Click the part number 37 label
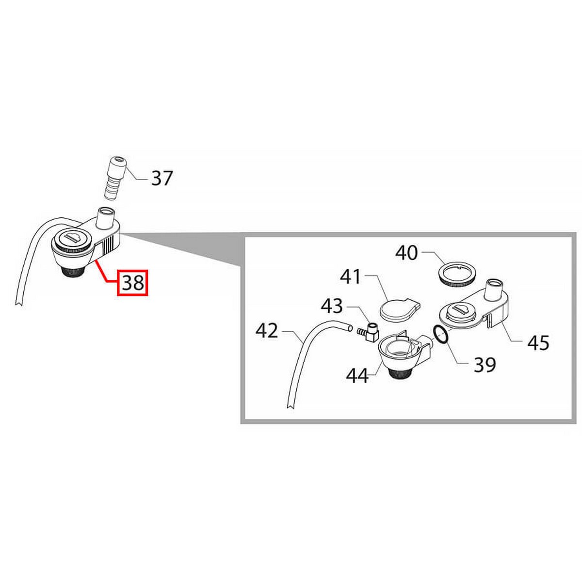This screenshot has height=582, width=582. (162, 178)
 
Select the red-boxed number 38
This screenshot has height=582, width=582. (132, 282)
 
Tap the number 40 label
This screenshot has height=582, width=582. (406, 253)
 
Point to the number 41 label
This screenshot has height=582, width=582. (351, 277)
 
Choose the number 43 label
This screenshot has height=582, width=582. (332, 306)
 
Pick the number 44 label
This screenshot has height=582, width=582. (357, 376)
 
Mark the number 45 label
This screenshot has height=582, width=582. (538, 343)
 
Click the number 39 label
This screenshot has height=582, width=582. (485, 365)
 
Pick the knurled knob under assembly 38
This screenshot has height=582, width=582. (74, 272)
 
